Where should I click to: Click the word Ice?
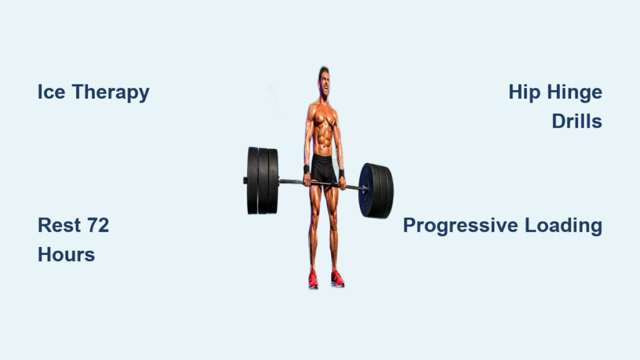tap(51, 92)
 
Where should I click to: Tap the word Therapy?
tap(111, 93)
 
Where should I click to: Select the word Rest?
tap(59, 225)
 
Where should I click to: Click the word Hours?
tap(66, 255)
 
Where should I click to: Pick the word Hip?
tap(524, 93)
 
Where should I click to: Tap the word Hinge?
tap(575, 93)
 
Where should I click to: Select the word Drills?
tap(577, 121)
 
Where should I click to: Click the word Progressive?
tap(461, 226)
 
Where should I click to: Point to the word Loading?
tap(563, 226)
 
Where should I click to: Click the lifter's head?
tap(324, 82)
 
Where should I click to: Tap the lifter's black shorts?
tap(324, 169)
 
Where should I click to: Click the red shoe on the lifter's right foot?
tap(313, 279)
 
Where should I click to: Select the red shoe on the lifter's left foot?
tap(337, 279)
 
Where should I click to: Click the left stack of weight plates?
tap(262, 181)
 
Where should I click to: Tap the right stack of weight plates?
tap(376, 191)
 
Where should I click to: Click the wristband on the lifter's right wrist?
tap(306, 169)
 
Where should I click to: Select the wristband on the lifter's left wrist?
tap(341, 174)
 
